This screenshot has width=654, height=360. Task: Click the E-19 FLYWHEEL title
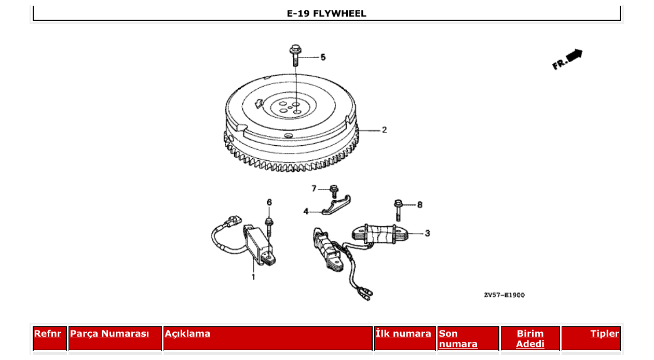(x=326, y=14)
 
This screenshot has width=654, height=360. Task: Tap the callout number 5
(x=323, y=57)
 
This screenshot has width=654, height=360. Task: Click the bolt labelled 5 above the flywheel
(x=296, y=55)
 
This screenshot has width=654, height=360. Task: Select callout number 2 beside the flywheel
(x=384, y=130)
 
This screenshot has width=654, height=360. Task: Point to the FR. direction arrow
(x=567, y=59)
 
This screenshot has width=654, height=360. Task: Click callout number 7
(x=314, y=188)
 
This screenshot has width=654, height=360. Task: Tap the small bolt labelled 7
(x=334, y=190)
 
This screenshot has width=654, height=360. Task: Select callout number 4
(x=306, y=211)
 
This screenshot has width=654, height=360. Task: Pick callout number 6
(x=269, y=202)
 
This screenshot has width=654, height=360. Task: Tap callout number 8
(x=419, y=205)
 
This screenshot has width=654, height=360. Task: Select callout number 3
(x=427, y=233)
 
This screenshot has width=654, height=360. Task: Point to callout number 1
(x=253, y=276)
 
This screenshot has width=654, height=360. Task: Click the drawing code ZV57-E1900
(x=504, y=295)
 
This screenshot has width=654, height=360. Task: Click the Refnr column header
(x=48, y=334)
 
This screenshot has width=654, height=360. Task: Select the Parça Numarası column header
(x=110, y=334)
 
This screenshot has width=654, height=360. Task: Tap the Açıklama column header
(x=187, y=334)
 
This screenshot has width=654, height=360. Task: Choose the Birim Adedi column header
(x=530, y=338)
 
